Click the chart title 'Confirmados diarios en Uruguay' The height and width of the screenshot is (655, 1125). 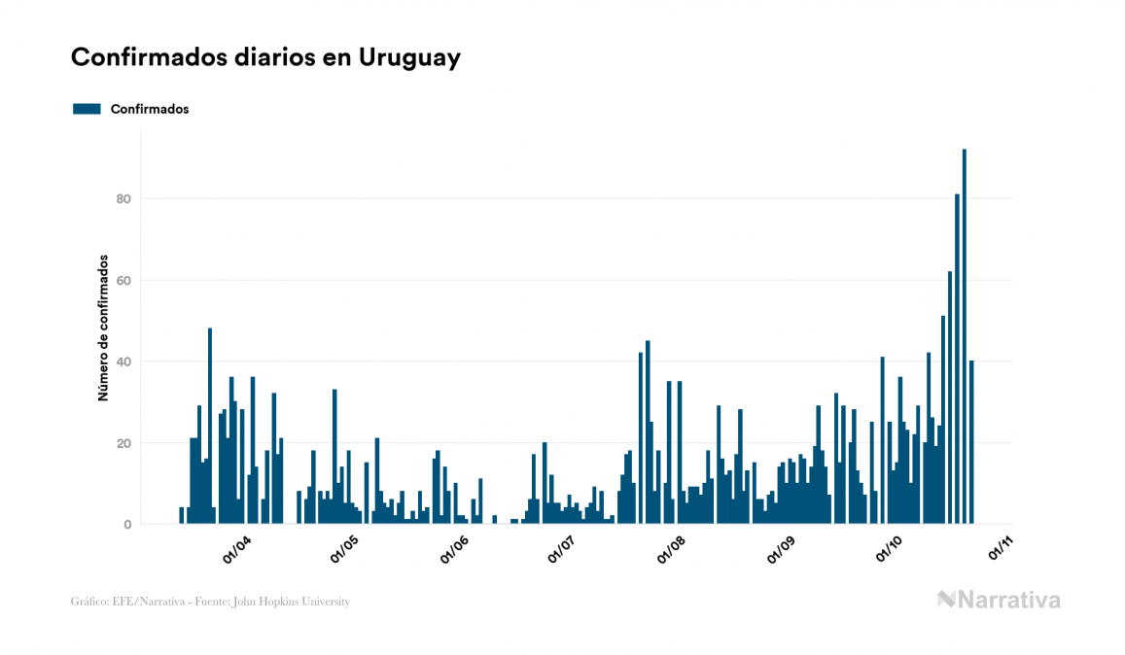[x=265, y=57]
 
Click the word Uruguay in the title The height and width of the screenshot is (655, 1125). [x=409, y=57]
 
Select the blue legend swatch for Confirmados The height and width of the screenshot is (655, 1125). [x=87, y=109]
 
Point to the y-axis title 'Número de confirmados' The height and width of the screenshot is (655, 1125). [x=102, y=328]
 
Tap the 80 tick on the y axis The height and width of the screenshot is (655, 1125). [x=123, y=199]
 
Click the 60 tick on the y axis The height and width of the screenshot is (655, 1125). [x=123, y=281]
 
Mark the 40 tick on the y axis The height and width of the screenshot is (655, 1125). [x=123, y=362]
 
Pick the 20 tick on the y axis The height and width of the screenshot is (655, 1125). [x=123, y=443]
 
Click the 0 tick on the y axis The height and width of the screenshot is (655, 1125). [x=127, y=525]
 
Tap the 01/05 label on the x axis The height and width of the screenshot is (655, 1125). [x=345, y=550]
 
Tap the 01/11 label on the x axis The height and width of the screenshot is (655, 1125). [x=1001, y=550]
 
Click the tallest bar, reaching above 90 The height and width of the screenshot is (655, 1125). [x=964, y=335]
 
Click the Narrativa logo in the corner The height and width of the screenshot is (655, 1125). [x=999, y=600]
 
